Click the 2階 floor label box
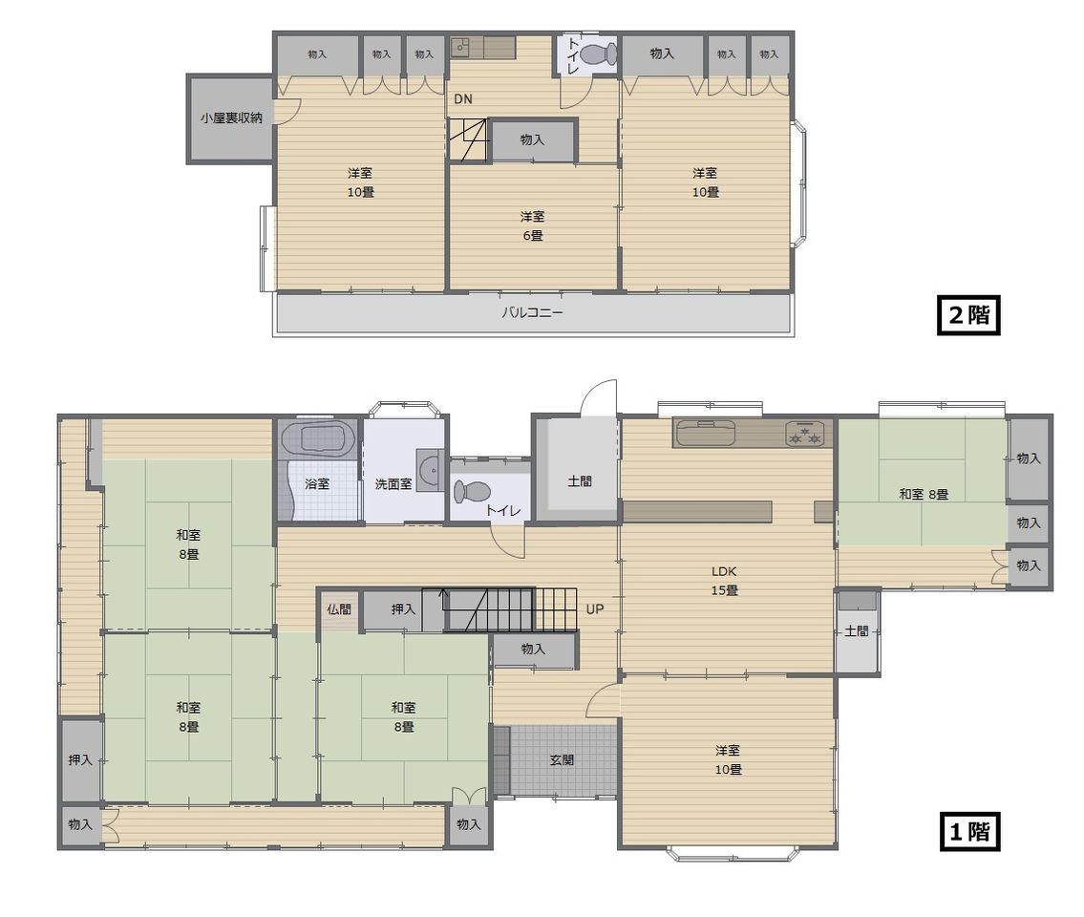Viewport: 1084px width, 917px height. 968,315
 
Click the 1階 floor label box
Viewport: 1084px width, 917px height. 970,831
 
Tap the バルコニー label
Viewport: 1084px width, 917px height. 532,312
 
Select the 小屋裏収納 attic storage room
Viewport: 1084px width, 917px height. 231,118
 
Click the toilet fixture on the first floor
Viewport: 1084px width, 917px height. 472,492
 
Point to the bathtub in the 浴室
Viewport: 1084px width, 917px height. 318,438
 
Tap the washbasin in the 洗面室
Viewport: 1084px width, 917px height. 430,470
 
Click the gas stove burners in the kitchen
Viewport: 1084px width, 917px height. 804,435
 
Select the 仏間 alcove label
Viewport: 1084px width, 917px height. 339,609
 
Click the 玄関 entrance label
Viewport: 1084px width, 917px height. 562,760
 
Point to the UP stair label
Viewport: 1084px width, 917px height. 595,609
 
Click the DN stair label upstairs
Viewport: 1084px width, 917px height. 463,99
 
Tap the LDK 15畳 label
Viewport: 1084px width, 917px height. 725,581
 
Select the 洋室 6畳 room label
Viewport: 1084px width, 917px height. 532,226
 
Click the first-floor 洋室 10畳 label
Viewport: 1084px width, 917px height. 728,759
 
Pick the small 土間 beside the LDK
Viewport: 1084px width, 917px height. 857,630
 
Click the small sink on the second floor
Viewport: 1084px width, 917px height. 460,48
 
